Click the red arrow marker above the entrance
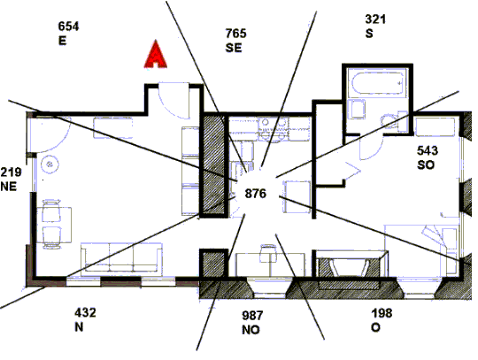coord(156,55)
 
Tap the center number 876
coord(256,194)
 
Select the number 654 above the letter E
coord(68,27)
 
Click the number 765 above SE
coord(236,34)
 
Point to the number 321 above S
coord(375,19)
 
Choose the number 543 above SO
coord(428,150)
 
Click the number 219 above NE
coord(11,172)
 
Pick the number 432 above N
coord(85,312)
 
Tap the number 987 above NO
coord(252,315)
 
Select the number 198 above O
coord(382,313)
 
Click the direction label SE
coord(234,48)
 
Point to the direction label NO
coord(251,330)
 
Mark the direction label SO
coord(426,165)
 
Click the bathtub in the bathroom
coord(378,83)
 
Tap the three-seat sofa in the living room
coord(121,257)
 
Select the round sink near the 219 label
coord(50,165)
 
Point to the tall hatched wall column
coord(213,165)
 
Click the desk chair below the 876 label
coord(267,253)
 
